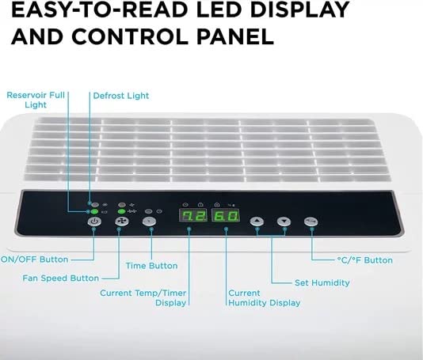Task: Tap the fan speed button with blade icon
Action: pos(122,222)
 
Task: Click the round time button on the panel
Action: pos(149,222)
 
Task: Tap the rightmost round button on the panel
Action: pos(311,222)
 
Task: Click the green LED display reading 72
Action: pos(193,215)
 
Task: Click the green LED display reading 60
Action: pos(226,215)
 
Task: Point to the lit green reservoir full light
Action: pos(94,211)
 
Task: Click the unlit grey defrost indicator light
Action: pos(94,205)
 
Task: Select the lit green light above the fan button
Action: pos(122,211)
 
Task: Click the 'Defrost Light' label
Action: pos(121,96)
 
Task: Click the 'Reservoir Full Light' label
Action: pos(36,100)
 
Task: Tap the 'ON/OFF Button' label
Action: pos(35,260)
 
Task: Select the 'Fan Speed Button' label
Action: pos(61,278)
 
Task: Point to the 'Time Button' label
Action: pos(151,266)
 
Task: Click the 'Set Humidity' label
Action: pos(322,282)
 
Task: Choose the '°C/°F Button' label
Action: pos(364,260)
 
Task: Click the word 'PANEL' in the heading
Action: pos(235,36)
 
